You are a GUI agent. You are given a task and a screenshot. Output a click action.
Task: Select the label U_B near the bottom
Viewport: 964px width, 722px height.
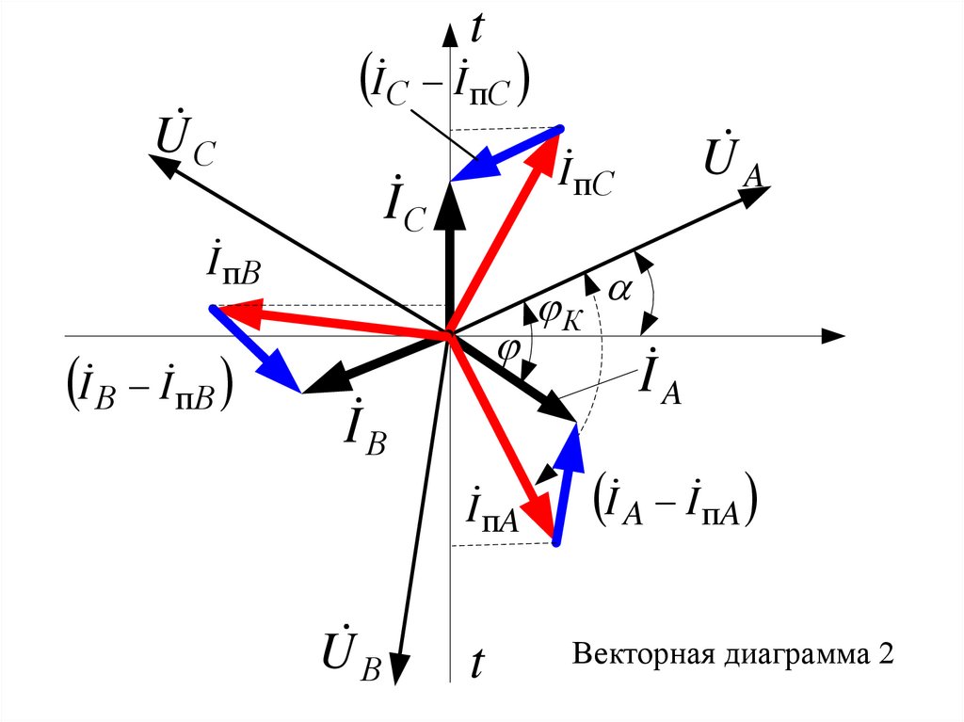[349, 654]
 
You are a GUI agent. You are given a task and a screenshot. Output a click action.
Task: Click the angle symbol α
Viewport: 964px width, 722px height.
[619, 291]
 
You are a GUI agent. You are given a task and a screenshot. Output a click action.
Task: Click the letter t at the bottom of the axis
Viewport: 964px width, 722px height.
[476, 665]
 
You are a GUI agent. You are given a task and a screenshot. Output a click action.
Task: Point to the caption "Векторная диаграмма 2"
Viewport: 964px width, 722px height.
[731, 654]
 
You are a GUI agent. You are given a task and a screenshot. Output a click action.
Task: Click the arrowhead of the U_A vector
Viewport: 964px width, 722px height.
[756, 194]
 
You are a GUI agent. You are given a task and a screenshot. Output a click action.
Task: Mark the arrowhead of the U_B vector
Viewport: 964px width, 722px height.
[399, 667]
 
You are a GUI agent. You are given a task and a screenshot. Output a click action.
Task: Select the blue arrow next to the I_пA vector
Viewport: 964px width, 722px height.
[565, 480]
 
